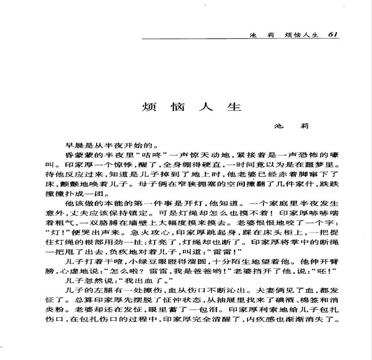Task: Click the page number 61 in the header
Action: (x=334, y=35)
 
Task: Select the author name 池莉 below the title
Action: (x=291, y=126)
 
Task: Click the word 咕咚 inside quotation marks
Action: (x=152, y=155)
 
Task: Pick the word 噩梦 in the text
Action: (x=316, y=165)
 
